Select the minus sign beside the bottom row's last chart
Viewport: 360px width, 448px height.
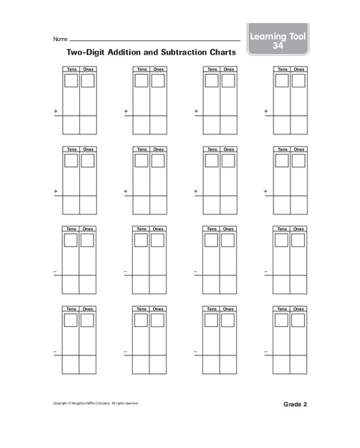[266, 351]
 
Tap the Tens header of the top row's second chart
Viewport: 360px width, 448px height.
[142, 69]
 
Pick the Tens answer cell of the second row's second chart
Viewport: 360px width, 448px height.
[142, 205]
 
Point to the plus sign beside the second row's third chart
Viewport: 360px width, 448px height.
[196, 192]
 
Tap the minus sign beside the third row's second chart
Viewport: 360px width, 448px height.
[125, 271]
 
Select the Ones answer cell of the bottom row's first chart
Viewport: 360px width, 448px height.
[88, 364]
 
